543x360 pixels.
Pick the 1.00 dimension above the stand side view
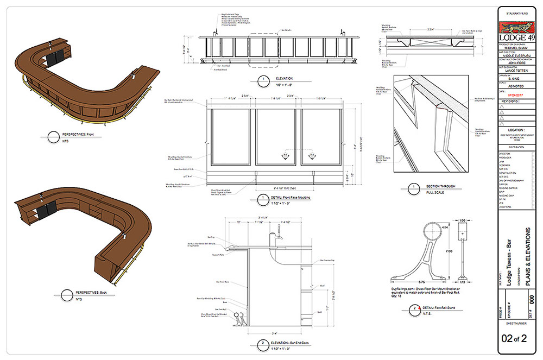click(462, 220)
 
